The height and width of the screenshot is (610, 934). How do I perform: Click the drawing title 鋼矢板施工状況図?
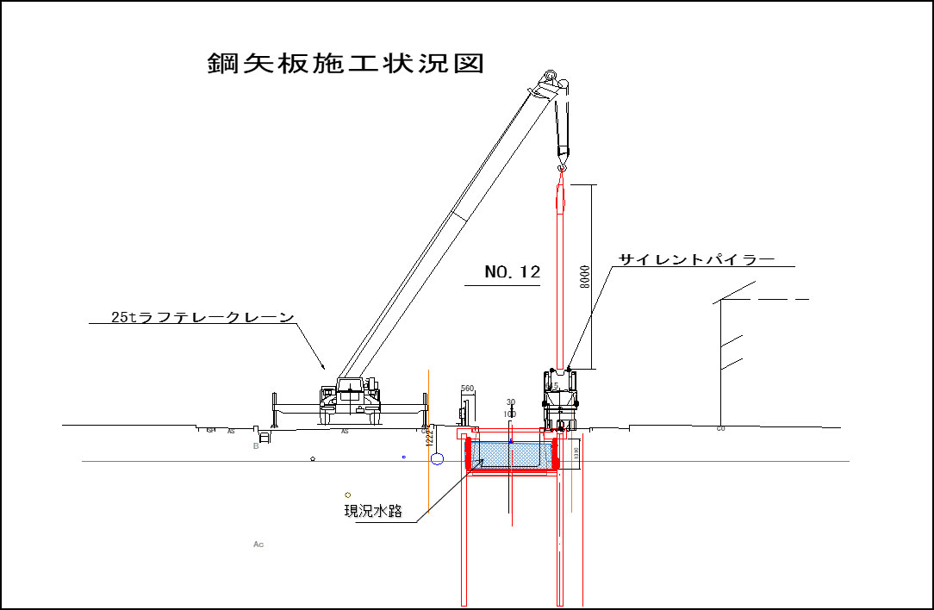click(346, 64)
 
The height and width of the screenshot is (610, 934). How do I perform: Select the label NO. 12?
click(512, 272)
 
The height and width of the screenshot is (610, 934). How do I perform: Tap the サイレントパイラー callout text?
click(696, 258)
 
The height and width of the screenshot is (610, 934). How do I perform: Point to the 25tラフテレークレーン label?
click(203, 317)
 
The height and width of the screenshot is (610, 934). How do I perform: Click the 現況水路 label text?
click(373, 511)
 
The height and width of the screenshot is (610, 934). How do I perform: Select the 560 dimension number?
click(468, 389)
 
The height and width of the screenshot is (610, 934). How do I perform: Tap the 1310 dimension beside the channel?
click(576, 452)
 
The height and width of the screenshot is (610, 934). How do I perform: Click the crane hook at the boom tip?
click(563, 156)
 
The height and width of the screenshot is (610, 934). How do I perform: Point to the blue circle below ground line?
click(437, 458)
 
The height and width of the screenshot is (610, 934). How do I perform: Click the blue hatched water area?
click(511, 453)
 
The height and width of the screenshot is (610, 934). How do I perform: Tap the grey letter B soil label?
click(256, 446)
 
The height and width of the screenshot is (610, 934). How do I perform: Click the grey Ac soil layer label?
click(258, 545)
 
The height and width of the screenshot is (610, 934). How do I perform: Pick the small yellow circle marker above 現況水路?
click(348, 495)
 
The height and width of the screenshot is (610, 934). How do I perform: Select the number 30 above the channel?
click(510, 402)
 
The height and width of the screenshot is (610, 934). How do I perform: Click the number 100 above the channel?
click(510, 414)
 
